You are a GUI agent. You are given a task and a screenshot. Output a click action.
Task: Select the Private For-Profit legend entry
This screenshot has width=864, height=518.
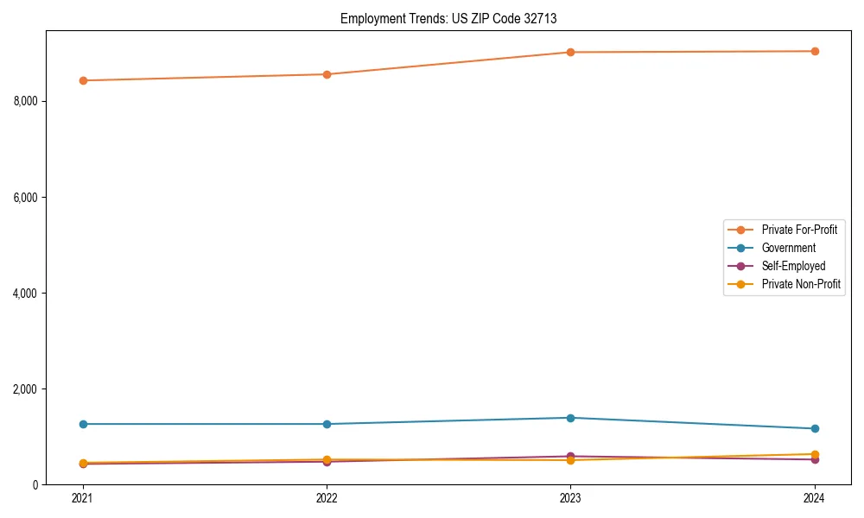(x=799, y=230)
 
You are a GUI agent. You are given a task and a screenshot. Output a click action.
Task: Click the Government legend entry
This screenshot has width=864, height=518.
(x=788, y=248)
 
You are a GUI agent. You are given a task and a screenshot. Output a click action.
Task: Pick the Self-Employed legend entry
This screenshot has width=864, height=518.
(x=793, y=266)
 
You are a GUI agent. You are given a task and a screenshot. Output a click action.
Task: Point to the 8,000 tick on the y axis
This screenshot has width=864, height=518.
(x=26, y=101)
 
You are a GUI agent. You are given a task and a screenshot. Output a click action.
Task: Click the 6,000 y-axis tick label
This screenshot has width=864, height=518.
(x=26, y=198)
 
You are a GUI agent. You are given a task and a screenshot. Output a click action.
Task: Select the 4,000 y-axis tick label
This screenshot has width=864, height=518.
(x=26, y=294)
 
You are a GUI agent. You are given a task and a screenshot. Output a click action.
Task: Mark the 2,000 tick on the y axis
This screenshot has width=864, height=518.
(x=26, y=389)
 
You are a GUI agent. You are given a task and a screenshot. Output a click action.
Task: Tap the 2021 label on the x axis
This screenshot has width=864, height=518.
(x=83, y=497)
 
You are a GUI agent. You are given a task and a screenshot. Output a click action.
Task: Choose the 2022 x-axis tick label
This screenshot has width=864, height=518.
(x=327, y=497)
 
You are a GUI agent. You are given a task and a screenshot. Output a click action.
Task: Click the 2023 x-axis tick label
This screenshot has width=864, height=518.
(x=570, y=497)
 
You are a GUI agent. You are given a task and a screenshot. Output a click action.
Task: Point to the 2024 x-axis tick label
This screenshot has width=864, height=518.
(x=814, y=497)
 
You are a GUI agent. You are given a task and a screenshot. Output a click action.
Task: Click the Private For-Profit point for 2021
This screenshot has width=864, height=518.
(x=83, y=80)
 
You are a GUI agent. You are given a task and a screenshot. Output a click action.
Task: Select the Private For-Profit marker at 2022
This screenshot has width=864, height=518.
(x=327, y=74)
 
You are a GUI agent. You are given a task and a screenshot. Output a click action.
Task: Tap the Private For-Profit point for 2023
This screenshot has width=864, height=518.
(x=570, y=52)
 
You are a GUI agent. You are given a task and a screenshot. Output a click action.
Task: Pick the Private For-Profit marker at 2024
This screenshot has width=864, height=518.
(x=814, y=51)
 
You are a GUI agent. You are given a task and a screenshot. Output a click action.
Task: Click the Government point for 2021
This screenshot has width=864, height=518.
(x=83, y=424)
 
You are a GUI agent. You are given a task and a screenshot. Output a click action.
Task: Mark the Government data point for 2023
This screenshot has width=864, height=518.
(x=570, y=418)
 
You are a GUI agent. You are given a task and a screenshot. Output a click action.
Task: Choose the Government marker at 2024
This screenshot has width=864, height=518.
(x=814, y=428)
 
